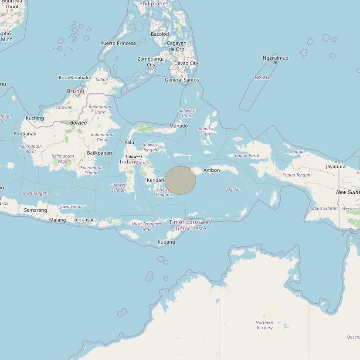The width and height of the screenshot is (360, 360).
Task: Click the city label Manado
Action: (178, 126)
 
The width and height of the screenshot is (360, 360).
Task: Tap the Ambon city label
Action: (211, 170)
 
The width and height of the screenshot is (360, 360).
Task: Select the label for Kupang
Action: (166, 242)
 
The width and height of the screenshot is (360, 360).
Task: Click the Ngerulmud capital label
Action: (275, 58)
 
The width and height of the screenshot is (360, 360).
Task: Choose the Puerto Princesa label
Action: (118, 43)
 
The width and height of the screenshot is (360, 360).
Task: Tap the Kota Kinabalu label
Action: (74, 78)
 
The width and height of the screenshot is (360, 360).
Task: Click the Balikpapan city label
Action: (99, 153)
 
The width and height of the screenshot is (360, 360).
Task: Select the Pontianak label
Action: (25, 134)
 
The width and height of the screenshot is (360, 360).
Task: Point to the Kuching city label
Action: (35, 118)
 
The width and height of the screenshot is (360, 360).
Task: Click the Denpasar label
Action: (83, 220)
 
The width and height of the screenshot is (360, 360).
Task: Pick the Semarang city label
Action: (35, 210)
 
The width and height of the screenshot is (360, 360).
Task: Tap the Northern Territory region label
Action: (264, 325)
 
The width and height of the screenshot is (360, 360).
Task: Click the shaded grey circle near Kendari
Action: (180, 180)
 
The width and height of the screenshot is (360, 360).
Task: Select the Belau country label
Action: (262, 78)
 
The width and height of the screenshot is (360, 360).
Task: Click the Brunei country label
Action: (75, 91)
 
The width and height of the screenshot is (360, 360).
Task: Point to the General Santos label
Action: (182, 80)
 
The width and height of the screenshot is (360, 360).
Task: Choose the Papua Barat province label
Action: (247, 156)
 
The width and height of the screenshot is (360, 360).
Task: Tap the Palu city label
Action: (129, 143)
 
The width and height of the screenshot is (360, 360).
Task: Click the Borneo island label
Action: (78, 123)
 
